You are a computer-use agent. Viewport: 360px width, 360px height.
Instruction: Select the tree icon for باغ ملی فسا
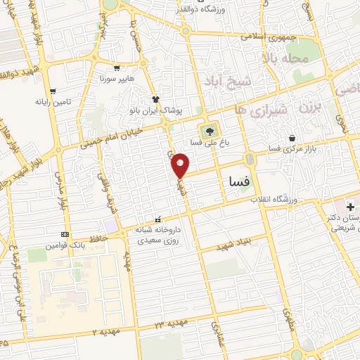coord(208,131)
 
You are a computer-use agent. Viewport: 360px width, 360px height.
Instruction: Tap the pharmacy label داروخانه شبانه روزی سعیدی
coord(157,235)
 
